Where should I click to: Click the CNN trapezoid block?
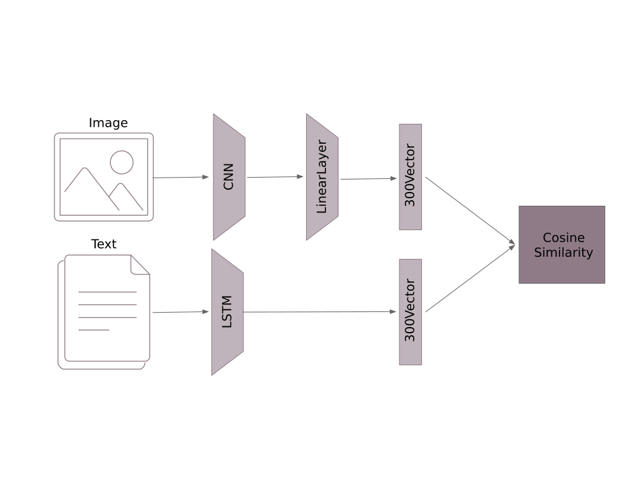click(x=229, y=177)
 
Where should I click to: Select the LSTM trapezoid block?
click(x=227, y=312)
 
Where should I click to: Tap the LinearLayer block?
click(x=322, y=177)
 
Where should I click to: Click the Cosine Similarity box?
click(x=562, y=245)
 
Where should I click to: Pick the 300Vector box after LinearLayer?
click(x=410, y=177)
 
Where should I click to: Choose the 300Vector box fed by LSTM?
click(x=410, y=312)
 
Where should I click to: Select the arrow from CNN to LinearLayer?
click(x=275, y=177)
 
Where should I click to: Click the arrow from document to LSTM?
click(x=180, y=312)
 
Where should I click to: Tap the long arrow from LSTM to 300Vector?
click(x=319, y=311)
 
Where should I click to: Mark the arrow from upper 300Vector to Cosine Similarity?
click(x=469, y=210)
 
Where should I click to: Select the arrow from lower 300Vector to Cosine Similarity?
click(x=469, y=278)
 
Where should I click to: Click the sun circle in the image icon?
click(x=121, y=163)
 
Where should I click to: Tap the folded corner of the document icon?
click(x=140, y=265)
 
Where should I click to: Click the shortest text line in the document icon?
click(x=94, y=330)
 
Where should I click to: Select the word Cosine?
click(x=563, y=238)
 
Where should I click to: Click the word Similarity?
click(x=563, y=253)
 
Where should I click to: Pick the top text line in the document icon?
click(x=107, y=292)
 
